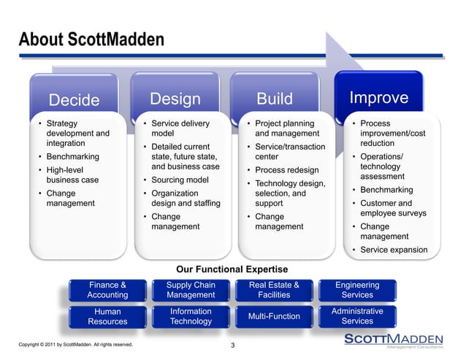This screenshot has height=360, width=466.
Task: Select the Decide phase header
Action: (x=74, y=99)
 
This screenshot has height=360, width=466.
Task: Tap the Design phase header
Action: (x=175, y=99)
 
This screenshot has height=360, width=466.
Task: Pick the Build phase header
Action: (x=275, y=99)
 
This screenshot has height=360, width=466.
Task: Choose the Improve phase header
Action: (x=378, y=98)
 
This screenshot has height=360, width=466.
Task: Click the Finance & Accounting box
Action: (x=107, y=290)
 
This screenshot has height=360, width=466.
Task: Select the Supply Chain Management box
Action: (x=191, y=290)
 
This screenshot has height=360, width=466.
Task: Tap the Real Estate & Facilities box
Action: (x=274, y=290)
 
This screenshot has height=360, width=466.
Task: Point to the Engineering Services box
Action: (x=357, y=290)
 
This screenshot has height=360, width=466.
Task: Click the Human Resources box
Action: (x=107, y=316)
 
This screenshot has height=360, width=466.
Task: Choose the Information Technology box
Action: (x=191, y=316)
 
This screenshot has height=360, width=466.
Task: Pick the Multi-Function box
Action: (x=274, y=316)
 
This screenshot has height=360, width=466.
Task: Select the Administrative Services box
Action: (x=357, y=316)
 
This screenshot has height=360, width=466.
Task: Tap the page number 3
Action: (x=232, y=345)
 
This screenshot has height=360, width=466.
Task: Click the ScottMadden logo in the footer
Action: (x=393, y=341)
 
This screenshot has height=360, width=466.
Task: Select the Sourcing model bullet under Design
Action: (x=179, y=180)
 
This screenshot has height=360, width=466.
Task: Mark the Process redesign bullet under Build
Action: (x=283, y=170)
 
